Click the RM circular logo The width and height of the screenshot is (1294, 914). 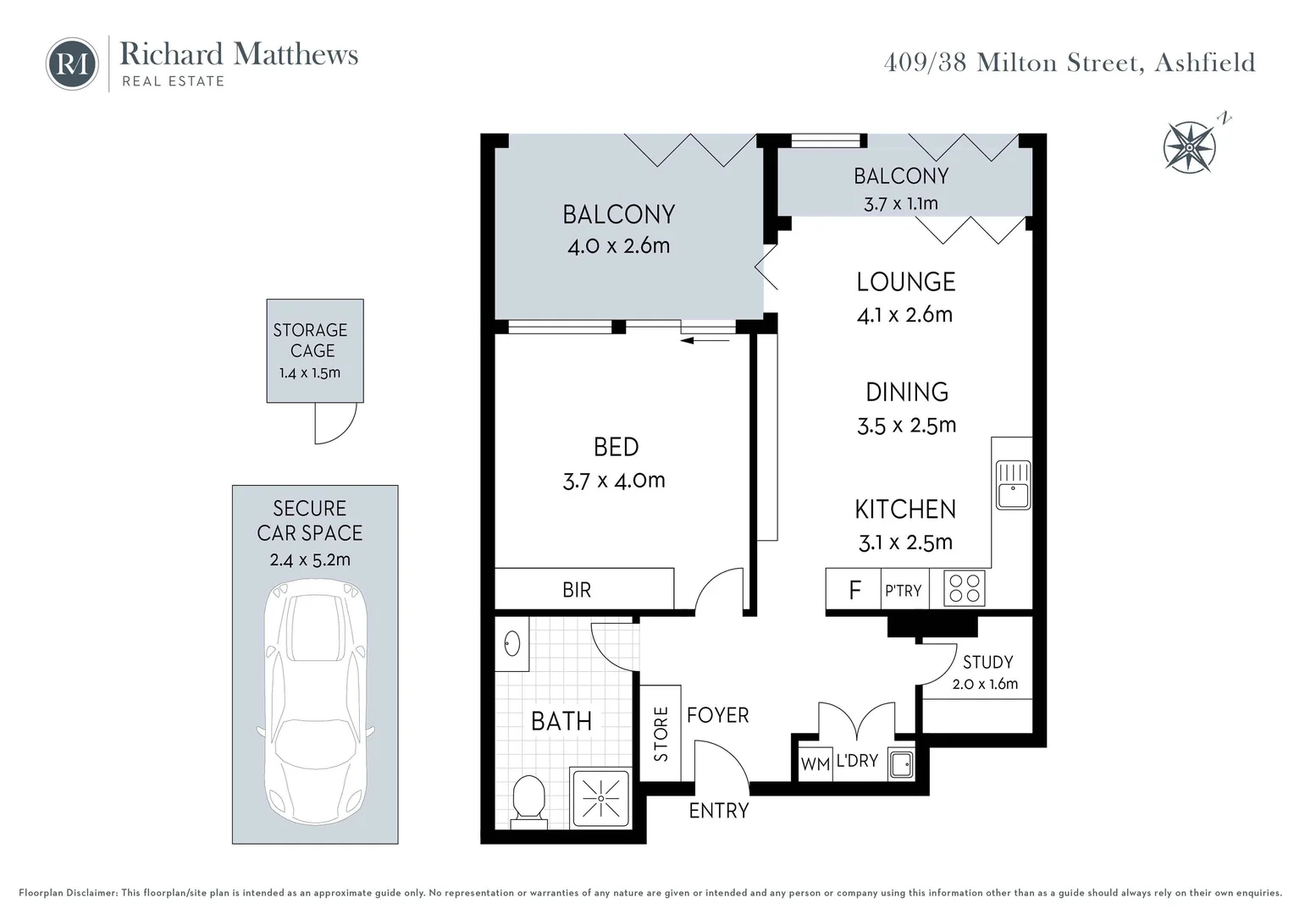coord(72,64)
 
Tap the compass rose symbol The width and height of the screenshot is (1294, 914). coord(1189,147)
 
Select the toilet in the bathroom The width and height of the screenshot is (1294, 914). coord(530,798)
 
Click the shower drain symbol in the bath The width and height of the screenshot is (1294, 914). coord(600,798)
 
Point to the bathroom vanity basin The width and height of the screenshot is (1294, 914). coord(512,645)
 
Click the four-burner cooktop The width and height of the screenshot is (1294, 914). coord(964,589)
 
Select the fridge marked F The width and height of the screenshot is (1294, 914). coord(854,590)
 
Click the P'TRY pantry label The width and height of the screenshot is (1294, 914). coord(903,591)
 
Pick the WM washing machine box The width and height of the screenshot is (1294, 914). coord(815,763)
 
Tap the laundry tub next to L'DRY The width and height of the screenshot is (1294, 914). coord(901,764)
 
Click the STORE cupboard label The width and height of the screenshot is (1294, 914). coord(661,734)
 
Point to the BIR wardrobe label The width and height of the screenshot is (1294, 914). coord(577,590)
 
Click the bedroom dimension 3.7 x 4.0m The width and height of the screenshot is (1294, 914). coord(614,481)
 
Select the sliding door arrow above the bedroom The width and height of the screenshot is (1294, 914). coord(705,340)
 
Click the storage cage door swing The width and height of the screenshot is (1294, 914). coord(335,423)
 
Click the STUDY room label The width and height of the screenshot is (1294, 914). coord(987,662)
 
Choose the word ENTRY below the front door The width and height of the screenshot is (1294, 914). coord(719,811)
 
